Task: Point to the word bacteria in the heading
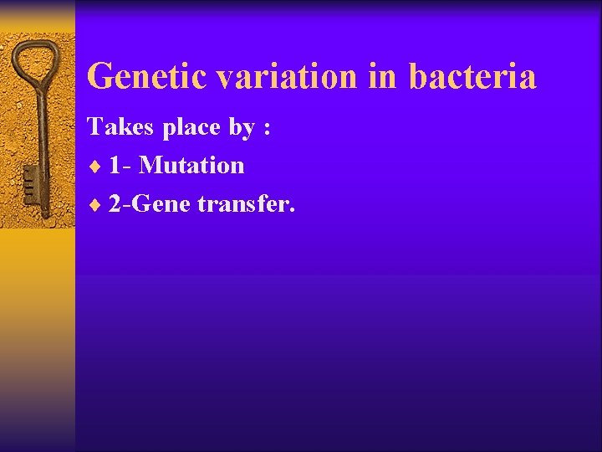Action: [472, 77]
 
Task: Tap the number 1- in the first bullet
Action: [120, 166]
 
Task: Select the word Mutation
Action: [191, 166]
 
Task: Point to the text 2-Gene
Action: [149, 204]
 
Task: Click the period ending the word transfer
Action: [291, 211]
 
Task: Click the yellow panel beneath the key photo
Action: [38, 335]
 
